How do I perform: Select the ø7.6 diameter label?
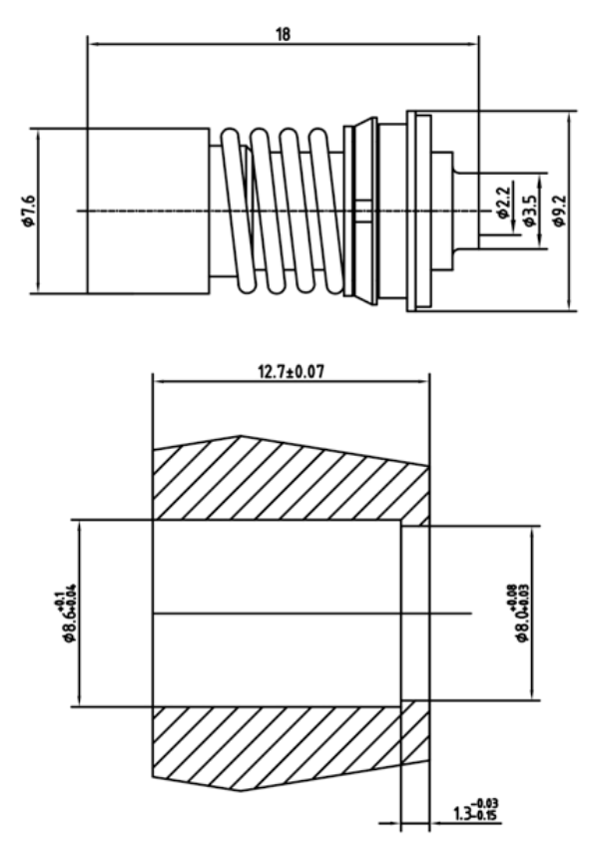(29, 211)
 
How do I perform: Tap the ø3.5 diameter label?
(530, 211)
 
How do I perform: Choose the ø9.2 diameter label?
(558, 211)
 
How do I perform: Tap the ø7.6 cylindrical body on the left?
(148, 211)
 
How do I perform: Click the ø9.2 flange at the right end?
(419, 211)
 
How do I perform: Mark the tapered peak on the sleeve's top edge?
(240, 437)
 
